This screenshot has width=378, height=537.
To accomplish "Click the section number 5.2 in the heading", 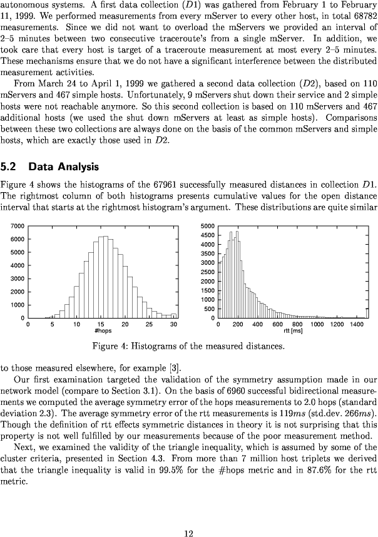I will tap(9, 167).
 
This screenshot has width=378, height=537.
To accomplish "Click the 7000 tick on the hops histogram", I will tap(18, 225).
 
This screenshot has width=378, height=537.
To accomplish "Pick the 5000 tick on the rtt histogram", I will tap(208, 225).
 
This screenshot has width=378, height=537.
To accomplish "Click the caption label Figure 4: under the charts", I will tap(111, 345).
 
